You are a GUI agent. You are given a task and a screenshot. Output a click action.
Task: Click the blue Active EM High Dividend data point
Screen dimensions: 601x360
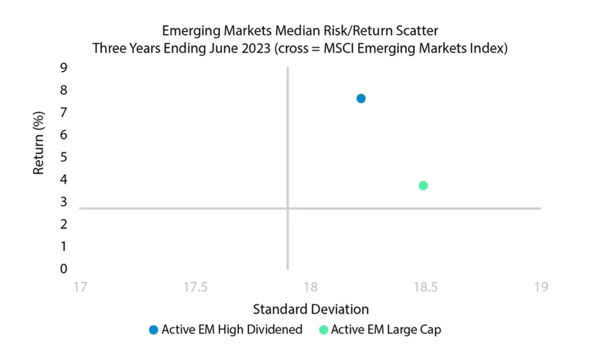[x=361, y=99]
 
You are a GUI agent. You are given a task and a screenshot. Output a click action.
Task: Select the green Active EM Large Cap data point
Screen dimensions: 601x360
[x=423, y=186]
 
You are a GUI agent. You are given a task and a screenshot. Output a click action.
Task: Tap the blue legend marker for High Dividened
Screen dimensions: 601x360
[x=154, y=329]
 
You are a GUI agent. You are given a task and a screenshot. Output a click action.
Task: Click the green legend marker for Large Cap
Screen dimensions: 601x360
[x=324, y=329]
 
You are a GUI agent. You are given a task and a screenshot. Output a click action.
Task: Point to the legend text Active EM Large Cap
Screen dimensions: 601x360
[x=386, y=329]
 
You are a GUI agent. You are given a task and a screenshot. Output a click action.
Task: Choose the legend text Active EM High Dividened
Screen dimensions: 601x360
[x=232, y=329]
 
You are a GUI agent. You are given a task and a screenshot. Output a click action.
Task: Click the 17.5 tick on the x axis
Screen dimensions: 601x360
[x=195, y=287]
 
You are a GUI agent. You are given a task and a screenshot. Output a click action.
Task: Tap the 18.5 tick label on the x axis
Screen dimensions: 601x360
[x=426, y=287]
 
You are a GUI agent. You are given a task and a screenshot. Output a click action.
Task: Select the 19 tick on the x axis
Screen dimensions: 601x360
[x=541, y=287]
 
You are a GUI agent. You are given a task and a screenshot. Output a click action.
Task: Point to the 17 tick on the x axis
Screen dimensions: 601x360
[x=80, y=287]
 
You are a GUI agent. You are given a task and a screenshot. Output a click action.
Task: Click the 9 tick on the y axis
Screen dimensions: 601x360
[x=63, y=68]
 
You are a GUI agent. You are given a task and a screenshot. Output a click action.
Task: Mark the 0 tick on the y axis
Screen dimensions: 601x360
[x=63, y=269]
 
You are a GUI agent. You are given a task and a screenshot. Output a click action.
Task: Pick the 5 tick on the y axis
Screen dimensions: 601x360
[x=63, y=157]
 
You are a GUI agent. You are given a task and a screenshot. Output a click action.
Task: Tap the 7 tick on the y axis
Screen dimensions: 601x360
[x=63, y=112]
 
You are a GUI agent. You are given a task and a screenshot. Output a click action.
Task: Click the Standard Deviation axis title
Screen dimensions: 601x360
[x=311, y=309]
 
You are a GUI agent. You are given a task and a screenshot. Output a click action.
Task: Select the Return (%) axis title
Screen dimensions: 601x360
[x=39, y=143]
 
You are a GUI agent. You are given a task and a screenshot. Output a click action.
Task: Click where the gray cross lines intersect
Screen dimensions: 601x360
[x=288, y=208]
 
